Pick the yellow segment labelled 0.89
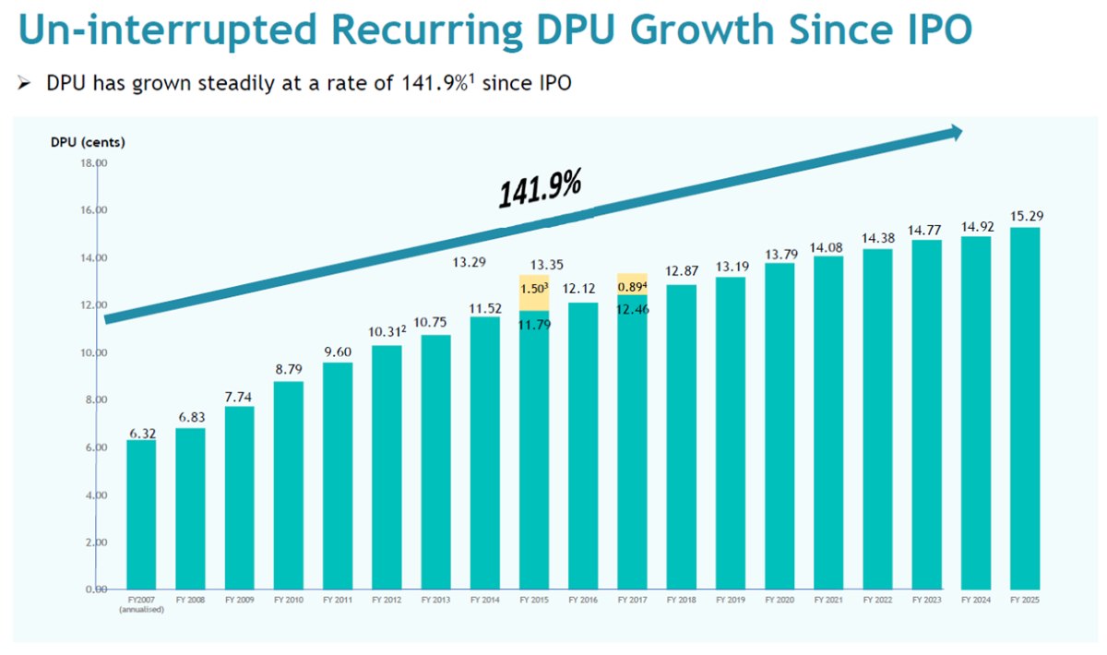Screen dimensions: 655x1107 pos(632,286)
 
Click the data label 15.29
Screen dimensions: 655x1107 pos(1025,216)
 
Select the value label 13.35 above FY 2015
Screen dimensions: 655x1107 pos(534,265)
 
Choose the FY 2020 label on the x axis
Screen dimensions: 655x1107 pos(780,600)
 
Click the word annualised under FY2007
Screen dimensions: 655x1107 pos(141,610)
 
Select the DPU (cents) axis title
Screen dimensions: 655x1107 pos(89,142)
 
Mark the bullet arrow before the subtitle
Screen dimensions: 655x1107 pos(24,83)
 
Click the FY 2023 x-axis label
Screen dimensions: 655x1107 pos(927,600)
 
